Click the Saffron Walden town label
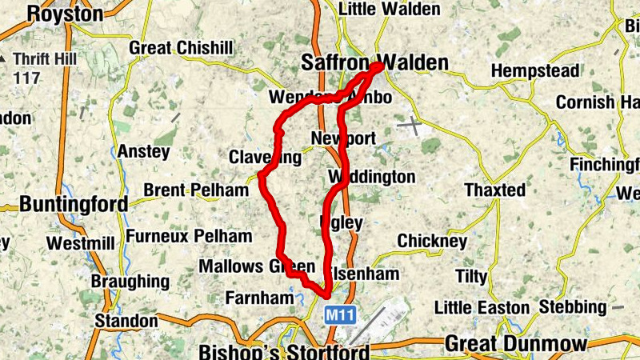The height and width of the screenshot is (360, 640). [x=374, y=62]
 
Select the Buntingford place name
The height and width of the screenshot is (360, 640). [x=74, y=204]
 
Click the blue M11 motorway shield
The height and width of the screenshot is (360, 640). [x=340, y=317]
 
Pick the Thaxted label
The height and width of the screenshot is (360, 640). [x=495, y=190]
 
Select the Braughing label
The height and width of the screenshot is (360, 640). [x=130, y=282]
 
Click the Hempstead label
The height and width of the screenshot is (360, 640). [x=535, y=71]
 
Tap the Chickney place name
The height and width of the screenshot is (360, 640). [x=432, y=241]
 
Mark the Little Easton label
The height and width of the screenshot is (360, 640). [x=482, y=308]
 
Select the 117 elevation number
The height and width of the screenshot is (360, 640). [x=26, y=78]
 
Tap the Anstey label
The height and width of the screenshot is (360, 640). [x=144, y=151]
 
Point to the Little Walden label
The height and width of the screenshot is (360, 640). [x=390, y=9]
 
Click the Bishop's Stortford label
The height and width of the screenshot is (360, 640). [x=284, y=352]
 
